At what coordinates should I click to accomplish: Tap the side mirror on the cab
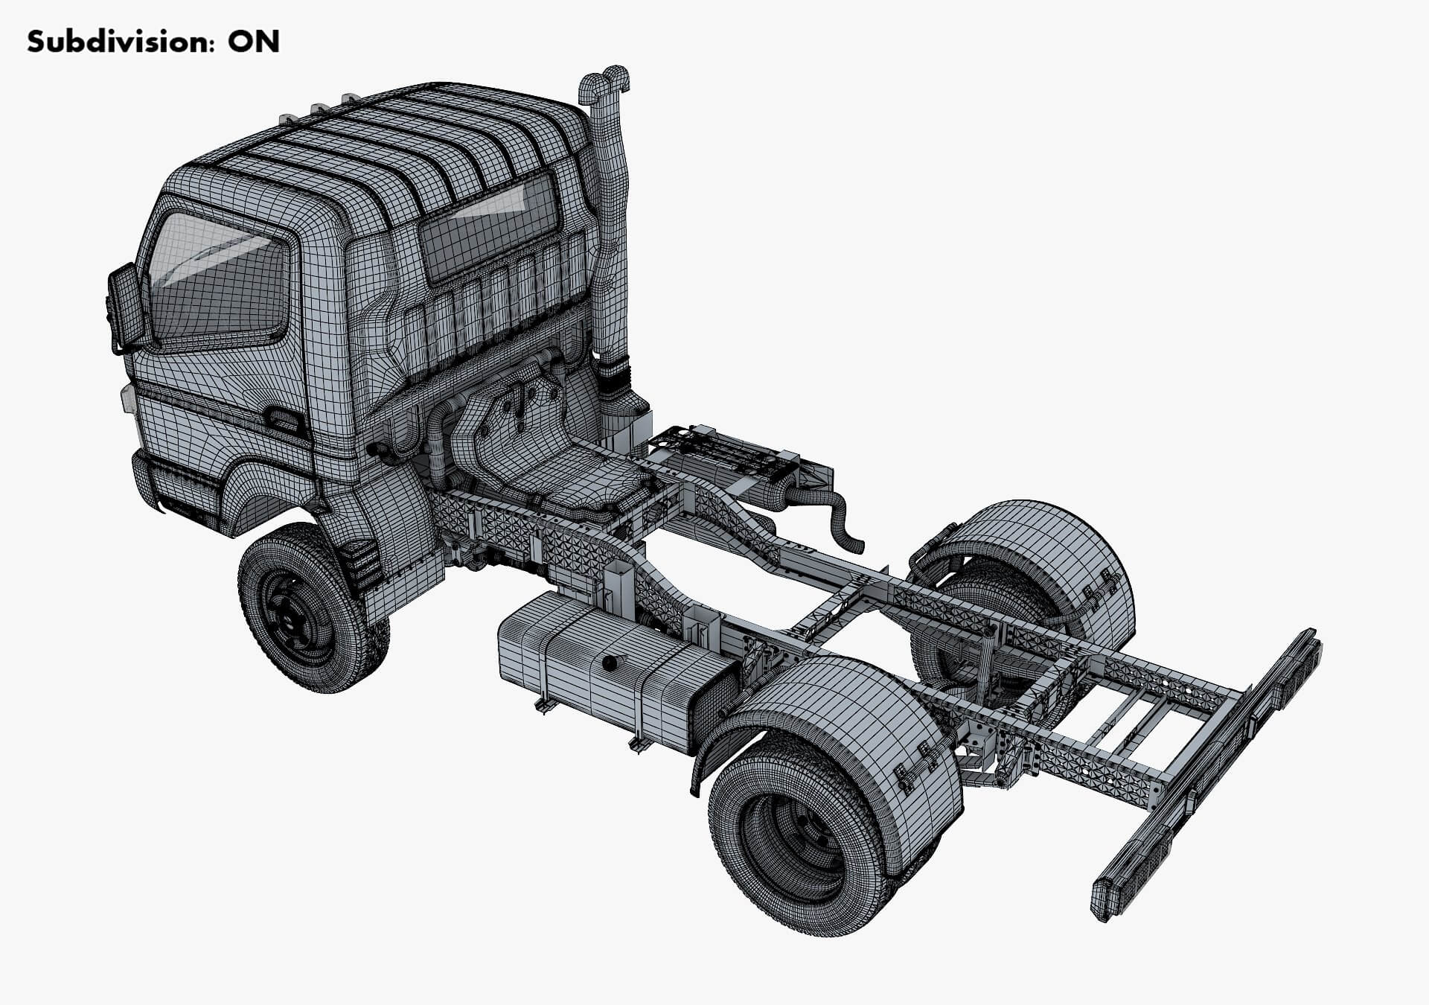125,307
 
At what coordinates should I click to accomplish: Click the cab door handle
285,421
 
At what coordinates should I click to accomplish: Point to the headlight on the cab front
127,398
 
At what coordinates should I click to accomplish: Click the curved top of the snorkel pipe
604,82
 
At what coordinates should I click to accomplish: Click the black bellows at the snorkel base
616,380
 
